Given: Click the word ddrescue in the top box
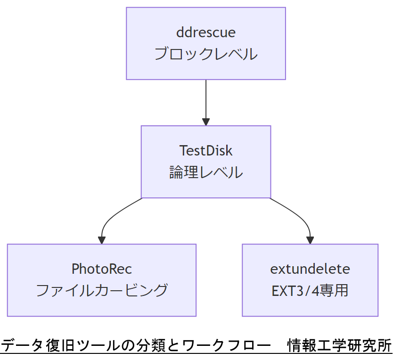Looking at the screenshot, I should tap(206, 33).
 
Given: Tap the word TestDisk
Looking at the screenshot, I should tap(206, 150).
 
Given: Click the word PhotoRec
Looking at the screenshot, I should tap(102, 269).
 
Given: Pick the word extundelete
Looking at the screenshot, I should tap(310, 269).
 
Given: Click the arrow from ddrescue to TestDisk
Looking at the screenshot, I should tap(206, 101).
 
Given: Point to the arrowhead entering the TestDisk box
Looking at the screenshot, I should tap(206, 122).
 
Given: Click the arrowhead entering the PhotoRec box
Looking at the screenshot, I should tap(102, 240).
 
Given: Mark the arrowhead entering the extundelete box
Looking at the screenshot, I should tap(310, 240).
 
